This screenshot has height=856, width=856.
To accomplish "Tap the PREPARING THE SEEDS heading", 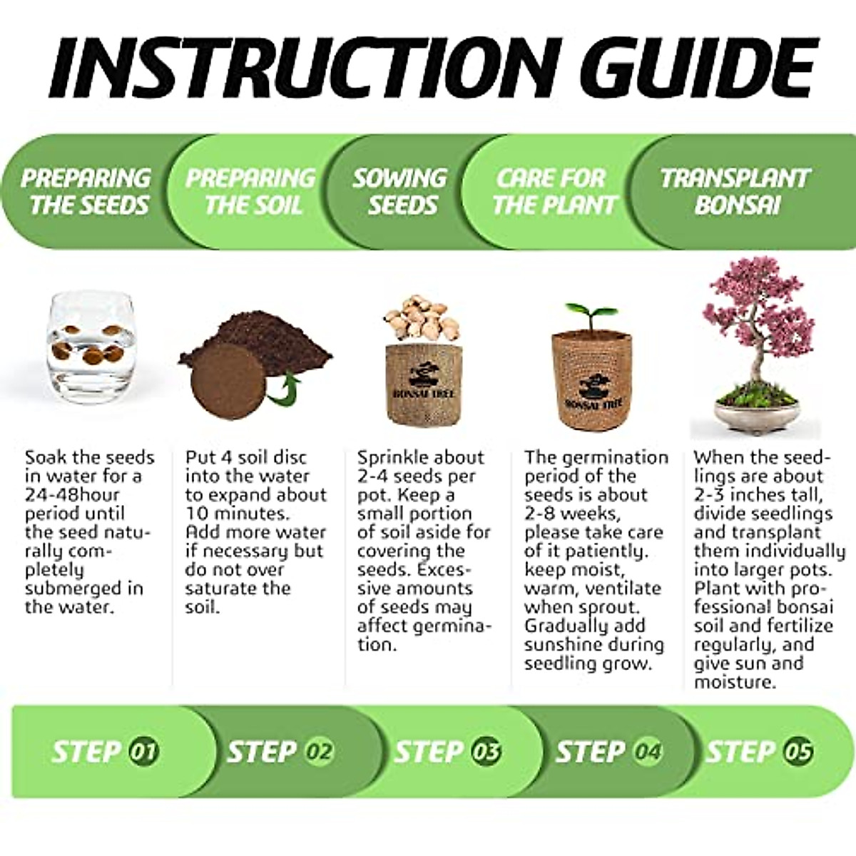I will tap(86, 191).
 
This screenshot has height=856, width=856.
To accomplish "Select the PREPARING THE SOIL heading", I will tap(250, 191).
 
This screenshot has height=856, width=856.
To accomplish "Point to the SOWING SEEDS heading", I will tap(401, 191).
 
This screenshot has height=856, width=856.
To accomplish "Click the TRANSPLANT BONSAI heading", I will tap(735, 191).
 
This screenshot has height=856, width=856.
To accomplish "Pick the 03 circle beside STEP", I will tap(486, 751).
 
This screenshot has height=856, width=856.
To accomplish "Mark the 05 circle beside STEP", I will tap(797, 751).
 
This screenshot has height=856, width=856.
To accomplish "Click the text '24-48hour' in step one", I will tap(72, 494).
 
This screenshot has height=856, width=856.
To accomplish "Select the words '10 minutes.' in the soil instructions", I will tap(237, 513).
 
